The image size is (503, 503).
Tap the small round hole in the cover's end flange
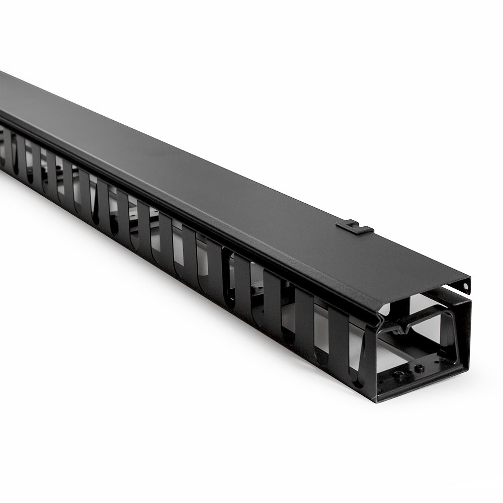click(x=466, y=286)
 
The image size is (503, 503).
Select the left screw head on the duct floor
click(x=399, y=374)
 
